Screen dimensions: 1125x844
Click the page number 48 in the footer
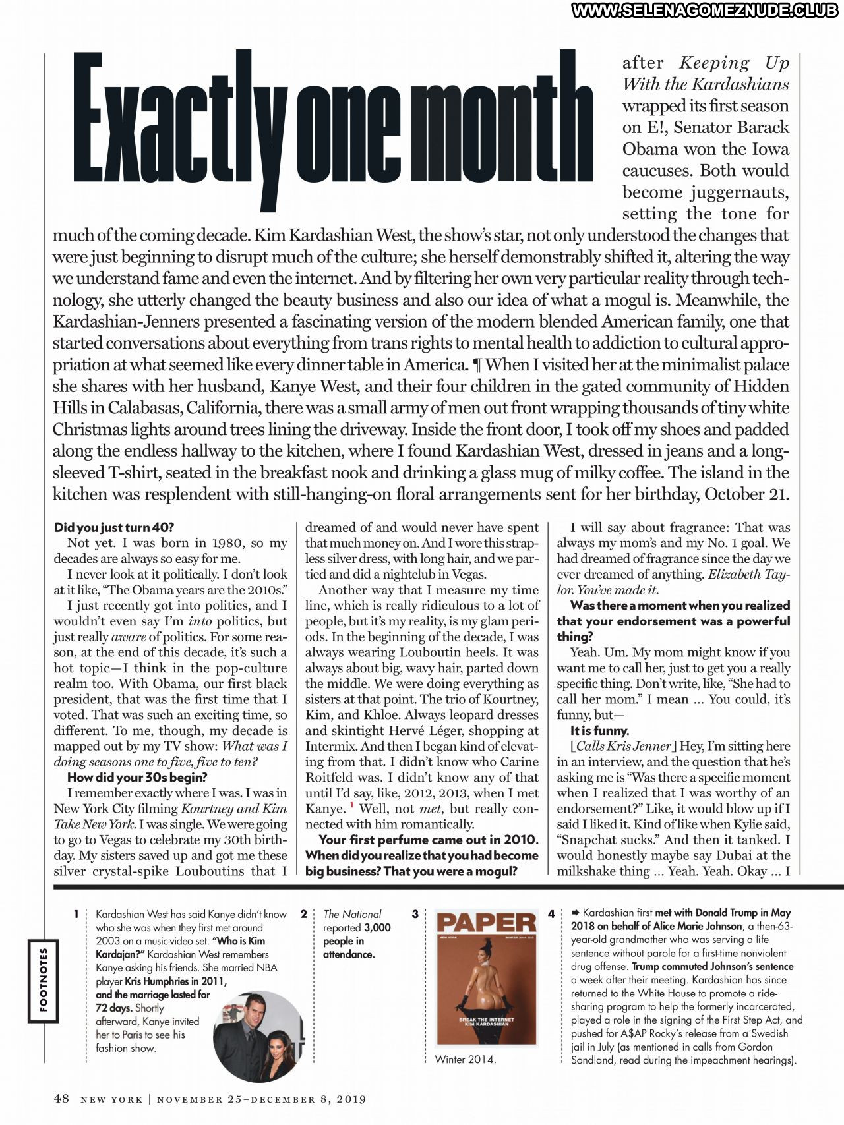pyautogui.click(x=61, y=1098)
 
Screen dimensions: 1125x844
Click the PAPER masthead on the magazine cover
pyautogui.click(x=487, y=923)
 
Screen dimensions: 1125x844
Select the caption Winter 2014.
pyautogui.click(x=465, y=1060)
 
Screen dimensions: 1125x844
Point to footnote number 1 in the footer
pyautogui.click(x=76, y=914)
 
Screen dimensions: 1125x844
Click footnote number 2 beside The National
pyautogui.click(x=303, y=914)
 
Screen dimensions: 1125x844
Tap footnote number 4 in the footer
pyautogui.click(x=551, y=914)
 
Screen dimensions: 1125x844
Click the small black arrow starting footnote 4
pyautogui.click(x=575, y=913)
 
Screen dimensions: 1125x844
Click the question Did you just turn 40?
pyautogui.click(x=114, y=527)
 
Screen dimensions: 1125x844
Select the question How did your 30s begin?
pyautogui.click(x=137, y=778)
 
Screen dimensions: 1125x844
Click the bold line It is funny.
pyautogui.click(x=599, y=730)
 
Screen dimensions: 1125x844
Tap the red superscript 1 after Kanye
pyautogui.click(x=352, y=805)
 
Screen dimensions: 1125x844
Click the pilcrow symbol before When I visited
pyautogui.click(x=477, y=364)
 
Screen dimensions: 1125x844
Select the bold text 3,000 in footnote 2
pyautogui.click(x=377, y=927)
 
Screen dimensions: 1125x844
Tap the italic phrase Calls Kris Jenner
pyautogui.click(x=623, y=746)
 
